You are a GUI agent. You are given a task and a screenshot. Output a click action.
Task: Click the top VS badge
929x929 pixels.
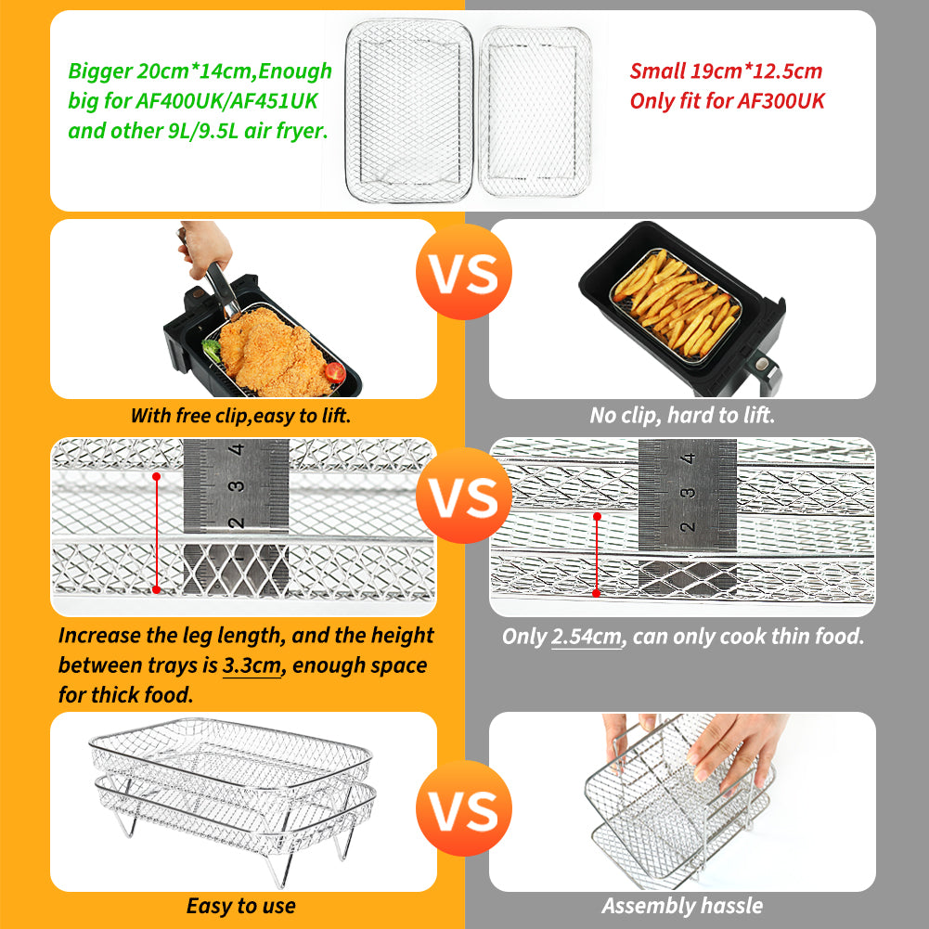(464, 272)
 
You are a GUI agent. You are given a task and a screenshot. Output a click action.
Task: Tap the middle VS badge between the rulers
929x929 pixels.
(464, 496)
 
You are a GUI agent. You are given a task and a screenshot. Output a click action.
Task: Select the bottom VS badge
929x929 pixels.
(464, 808)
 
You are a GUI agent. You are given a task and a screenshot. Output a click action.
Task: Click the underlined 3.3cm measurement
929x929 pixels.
(252, 666)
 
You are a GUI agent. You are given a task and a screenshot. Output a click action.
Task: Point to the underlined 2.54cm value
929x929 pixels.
(587, 637)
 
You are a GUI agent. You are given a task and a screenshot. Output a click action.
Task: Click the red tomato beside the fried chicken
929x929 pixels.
(335, 372)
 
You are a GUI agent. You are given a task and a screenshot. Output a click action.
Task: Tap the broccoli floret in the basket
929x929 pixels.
(213, 350)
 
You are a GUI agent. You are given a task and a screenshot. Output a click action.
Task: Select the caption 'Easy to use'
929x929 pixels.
(241, 906)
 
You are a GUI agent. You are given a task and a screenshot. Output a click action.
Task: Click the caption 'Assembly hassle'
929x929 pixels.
(682, 906)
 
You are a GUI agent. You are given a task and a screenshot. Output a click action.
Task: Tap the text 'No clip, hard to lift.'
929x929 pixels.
(682, 416)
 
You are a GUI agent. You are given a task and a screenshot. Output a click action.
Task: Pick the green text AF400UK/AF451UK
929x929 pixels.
(227, 101)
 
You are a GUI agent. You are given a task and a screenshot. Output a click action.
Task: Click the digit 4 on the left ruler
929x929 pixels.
(238, 449)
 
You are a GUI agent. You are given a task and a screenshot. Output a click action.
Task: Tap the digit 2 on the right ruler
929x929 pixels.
(688, 526)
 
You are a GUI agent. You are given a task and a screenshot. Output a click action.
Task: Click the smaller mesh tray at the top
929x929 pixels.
(535, 111)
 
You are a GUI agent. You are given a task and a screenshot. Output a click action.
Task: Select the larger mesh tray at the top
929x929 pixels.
(408, 110)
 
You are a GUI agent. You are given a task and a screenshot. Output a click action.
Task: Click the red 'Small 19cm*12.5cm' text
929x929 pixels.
(726, 71)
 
